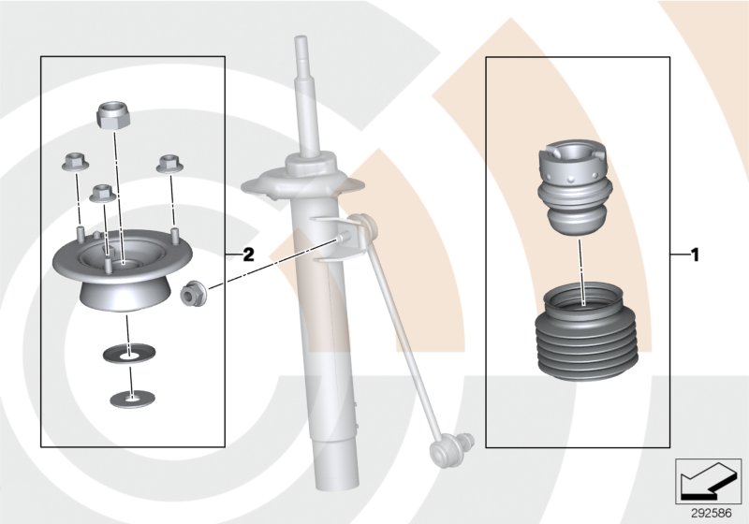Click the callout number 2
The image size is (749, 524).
pyautogui.click(x=248, y=254)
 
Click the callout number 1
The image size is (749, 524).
pyautogui.click(x=694, y=254)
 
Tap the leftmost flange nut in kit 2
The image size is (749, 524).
pyautogui.click(x=74, y=163)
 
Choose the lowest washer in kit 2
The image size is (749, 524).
pyautogui.click(x=130, y=399)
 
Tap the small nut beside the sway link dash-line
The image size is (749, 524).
pyautogui.click(x=194, y=293)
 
